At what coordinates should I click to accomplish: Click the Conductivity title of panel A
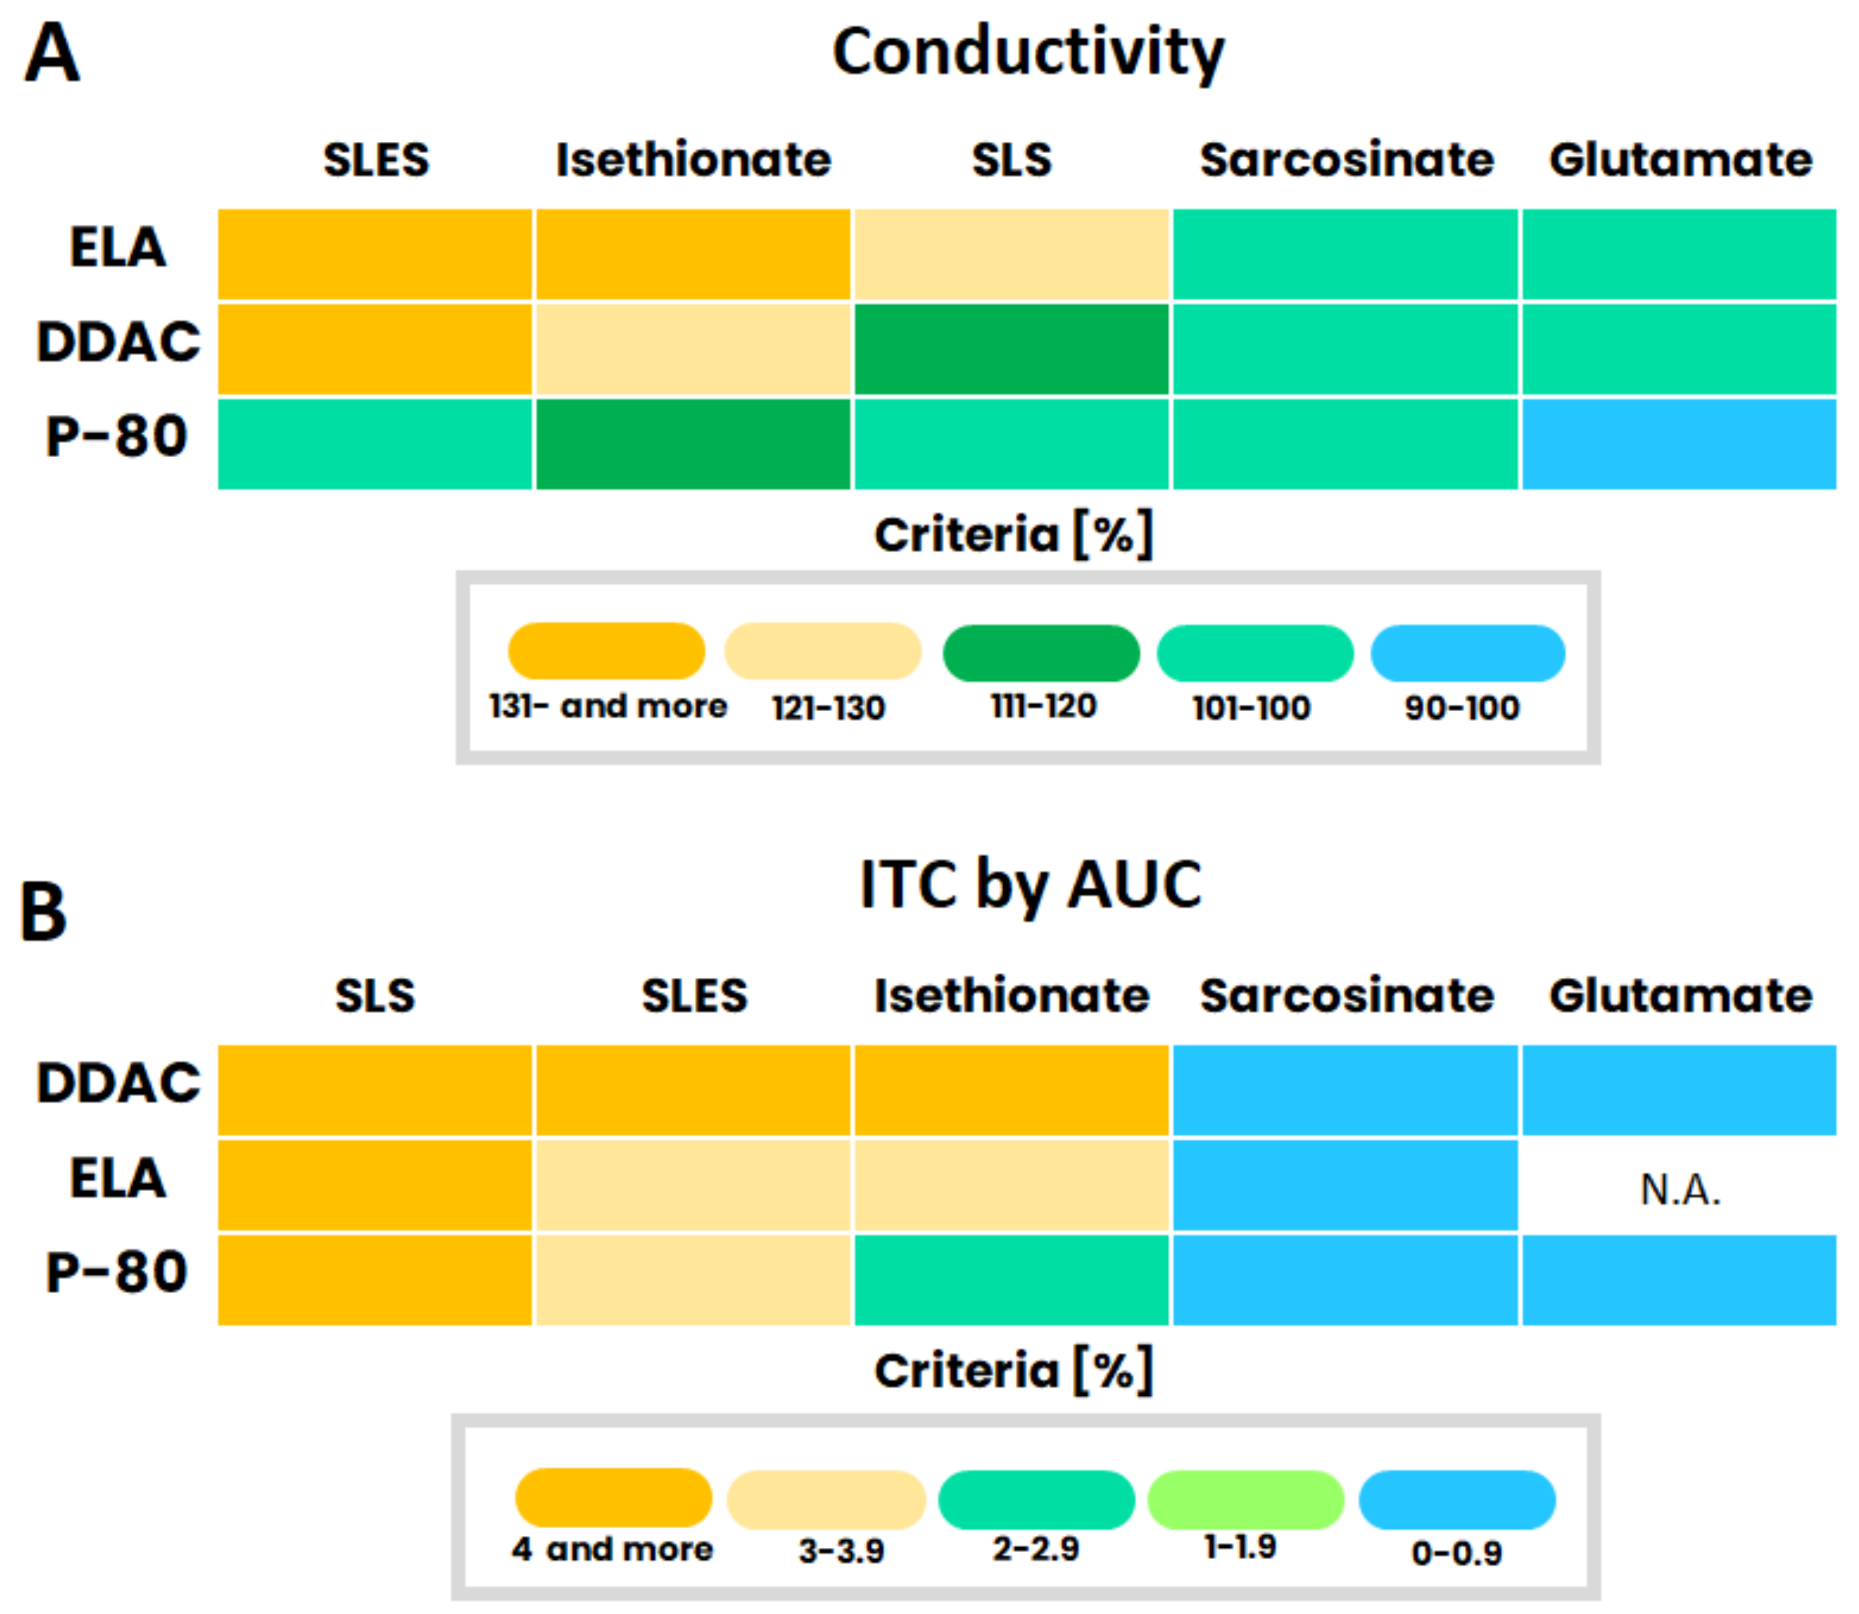point(1028,52)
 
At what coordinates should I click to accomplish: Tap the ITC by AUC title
point(1030,885)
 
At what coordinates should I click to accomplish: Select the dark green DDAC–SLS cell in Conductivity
point(1011,349)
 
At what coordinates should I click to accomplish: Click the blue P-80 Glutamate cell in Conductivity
point(1678,444)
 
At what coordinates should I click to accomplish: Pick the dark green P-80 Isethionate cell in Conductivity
point(692,444)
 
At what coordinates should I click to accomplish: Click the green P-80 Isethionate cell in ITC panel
point(1011,1280)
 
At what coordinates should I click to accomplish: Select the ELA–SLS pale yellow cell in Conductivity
point(1011,254)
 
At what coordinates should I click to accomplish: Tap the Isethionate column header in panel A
point(692,160)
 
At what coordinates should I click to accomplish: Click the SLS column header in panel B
point(375,996)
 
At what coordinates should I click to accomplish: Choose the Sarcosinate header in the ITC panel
point(1346,996)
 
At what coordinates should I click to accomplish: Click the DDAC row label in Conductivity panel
point(118,342)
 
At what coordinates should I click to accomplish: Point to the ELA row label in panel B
point(118,1178)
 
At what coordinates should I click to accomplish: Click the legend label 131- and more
point(608,706)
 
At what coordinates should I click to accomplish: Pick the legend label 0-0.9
point(1457,1553)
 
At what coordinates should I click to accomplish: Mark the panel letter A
point(52,52)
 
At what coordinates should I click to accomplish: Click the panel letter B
point(44,912)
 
